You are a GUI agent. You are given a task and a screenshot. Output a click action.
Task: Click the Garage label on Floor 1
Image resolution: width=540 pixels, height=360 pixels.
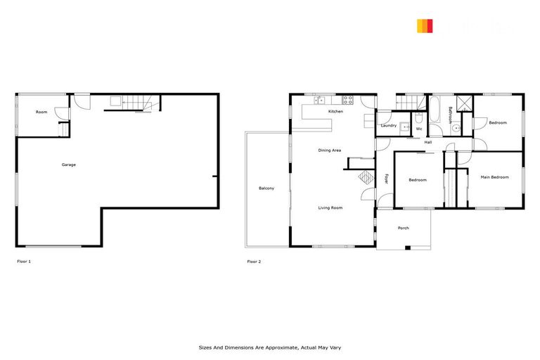(68, 165)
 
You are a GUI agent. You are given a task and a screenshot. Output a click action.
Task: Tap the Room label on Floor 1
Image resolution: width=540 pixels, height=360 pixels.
(42, 112)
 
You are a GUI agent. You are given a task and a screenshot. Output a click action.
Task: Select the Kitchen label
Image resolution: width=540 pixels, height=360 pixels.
(335, 112)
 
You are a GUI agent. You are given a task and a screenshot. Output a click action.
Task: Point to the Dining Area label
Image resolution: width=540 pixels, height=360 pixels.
(329, 150)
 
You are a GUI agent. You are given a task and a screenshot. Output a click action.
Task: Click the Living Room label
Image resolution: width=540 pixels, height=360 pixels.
(330, 207)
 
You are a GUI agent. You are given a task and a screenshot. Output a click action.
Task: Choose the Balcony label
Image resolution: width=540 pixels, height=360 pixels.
(266, 188)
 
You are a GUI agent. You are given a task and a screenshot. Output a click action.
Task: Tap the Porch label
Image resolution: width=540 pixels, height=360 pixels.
(403, 228)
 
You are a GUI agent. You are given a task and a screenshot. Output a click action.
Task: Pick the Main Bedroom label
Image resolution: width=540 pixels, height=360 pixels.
(494, 177)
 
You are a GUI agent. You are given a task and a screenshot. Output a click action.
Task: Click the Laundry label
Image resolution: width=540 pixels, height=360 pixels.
(388, 126)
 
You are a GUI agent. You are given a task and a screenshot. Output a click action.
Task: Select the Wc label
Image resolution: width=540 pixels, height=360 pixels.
(418, 129)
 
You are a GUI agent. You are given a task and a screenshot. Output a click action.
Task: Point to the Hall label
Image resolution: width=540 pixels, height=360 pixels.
(427, 143)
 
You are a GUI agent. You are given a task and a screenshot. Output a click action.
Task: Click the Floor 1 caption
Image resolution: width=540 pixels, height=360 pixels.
(24, 262)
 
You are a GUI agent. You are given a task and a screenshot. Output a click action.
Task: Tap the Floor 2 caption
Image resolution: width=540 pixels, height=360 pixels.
(254, 262)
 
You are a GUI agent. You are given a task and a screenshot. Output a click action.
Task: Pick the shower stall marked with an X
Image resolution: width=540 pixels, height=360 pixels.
(464, 103)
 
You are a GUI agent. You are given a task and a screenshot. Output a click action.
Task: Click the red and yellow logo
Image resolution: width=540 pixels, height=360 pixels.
(425, 27)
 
